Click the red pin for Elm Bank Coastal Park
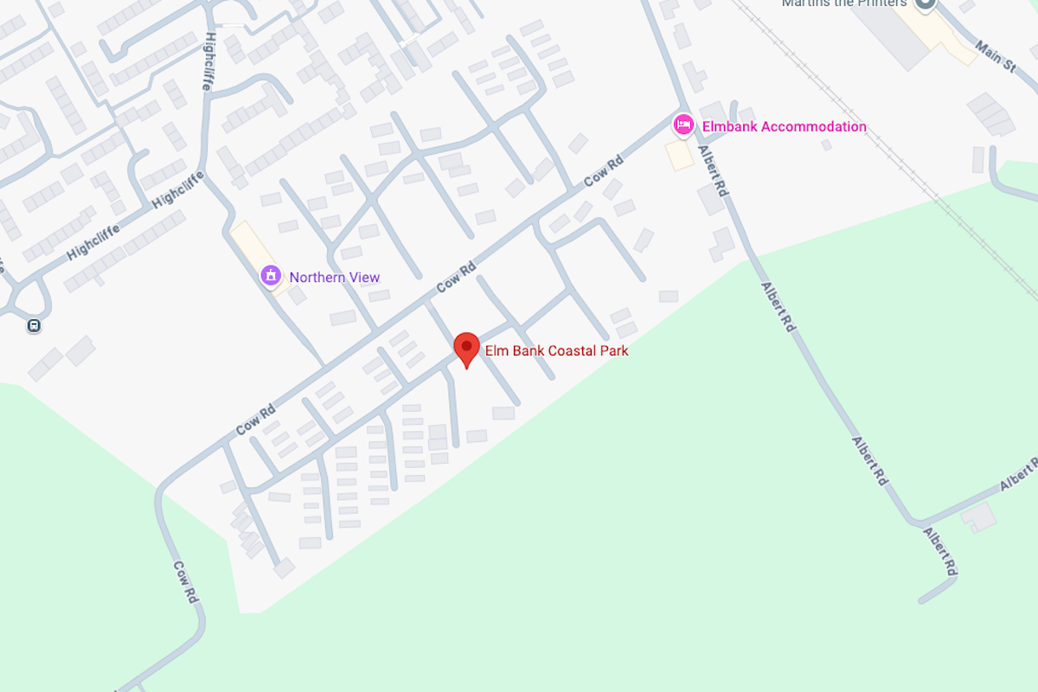pyautogui.click(x=467, y=349)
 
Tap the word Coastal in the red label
pyautogui.click(x=570, y=351)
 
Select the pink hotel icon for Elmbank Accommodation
pyautogui.click(x=683, y=125)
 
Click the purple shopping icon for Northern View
pyautogui.click(x=272, y=276)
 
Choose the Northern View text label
pyautogui.click(x=335, y=278)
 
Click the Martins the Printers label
pyautogui.click(x=844, y=3)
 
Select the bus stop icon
pyautogui.click(x=34, y=326)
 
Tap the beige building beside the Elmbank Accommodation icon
pyautogui.click(x=679, y=156)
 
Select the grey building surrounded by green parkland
pyautogui.click(x=978, y=517)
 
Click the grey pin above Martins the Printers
pyautogui.click(x=925, y=3)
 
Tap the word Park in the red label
pyautogui.click(x=612, y=351)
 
